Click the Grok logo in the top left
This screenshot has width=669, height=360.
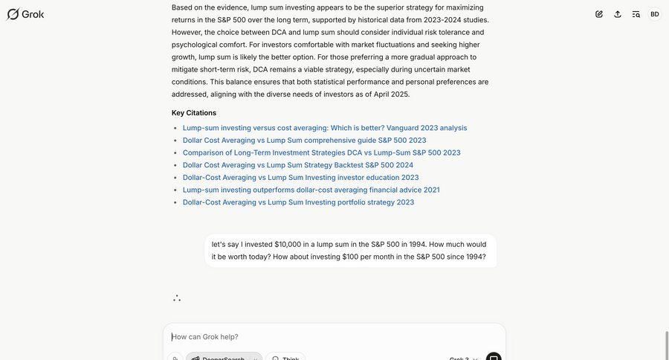pyautogui.click(x=25, y=14)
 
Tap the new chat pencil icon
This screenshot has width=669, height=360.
pyautogui.click(x=599, y=14)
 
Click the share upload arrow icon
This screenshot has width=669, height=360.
pyautogui.click(x=618, y=14)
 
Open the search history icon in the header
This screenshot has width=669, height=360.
pyautogui.click(x=636, y=14)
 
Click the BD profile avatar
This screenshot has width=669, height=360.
pyautogui.click(x=655, y=14)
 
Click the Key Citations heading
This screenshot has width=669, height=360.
pyautogui.click(x=194, y=113)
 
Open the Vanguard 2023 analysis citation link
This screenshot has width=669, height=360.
pyautogui.click(x=325, y=128)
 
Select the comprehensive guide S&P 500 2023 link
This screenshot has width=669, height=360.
pyautogui.click(x=304, y=141)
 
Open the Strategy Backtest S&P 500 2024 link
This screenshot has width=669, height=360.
pyautogui.click(x=297, y=165)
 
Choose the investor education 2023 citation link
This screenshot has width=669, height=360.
pyautogui.click(x=300, y=178)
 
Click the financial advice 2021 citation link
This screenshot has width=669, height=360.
pyautogui.click(x=311, y=190)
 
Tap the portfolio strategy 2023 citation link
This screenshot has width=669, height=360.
pyautogui.click(x=298, y=202)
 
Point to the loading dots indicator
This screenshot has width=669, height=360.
pyautogui.click(x=177, y=298)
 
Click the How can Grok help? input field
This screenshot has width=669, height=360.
pyautogui.click(x=334, y=337)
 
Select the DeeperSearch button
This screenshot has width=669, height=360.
pyautogui.click(x=223, y=358)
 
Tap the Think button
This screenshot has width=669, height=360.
pyautogui.click(x=286, y=358)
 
